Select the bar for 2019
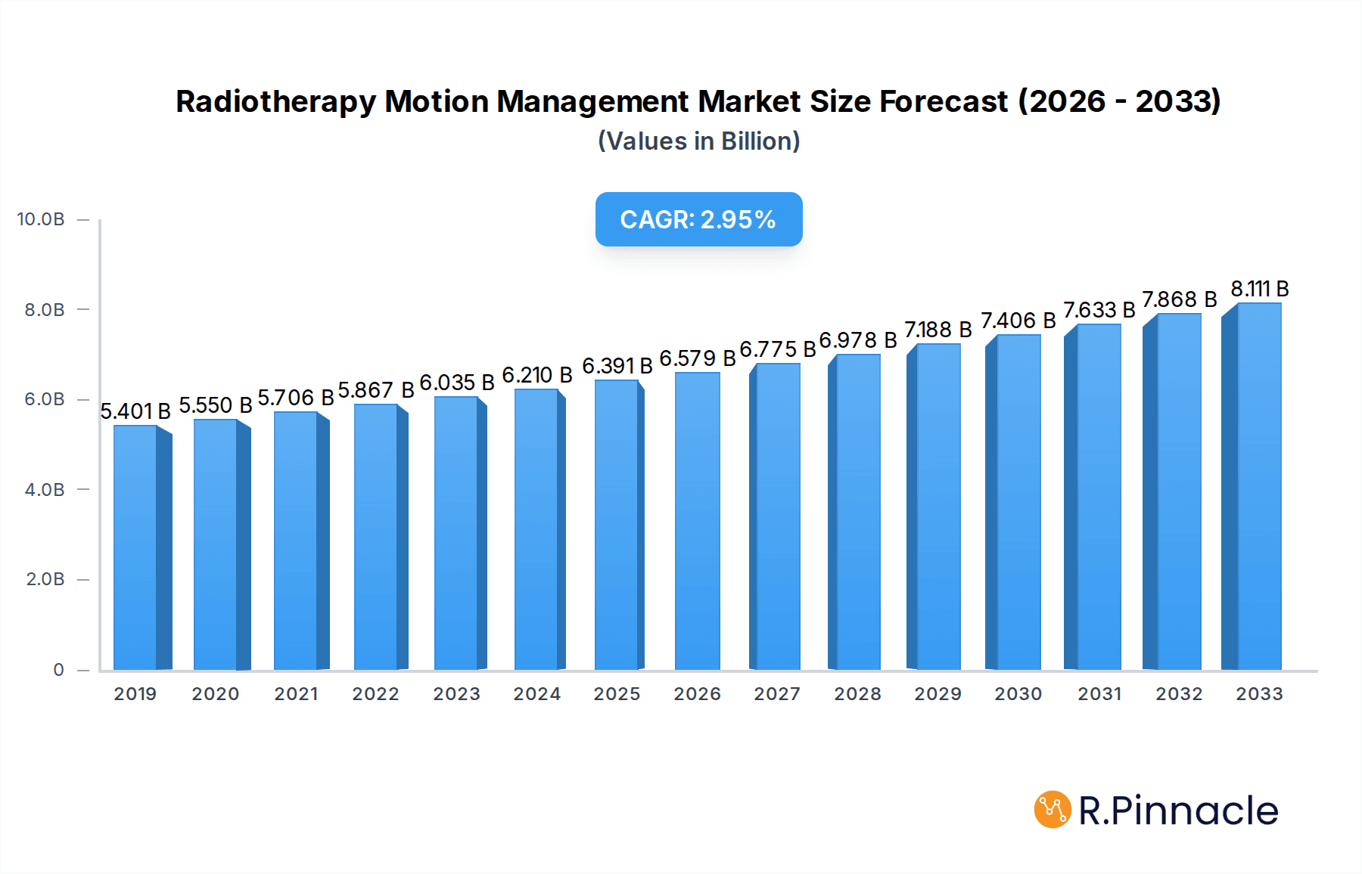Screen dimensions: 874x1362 click(136, 548)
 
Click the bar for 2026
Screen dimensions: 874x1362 click(697, 522)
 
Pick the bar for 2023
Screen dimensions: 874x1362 click(456, 534)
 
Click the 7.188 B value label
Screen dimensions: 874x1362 click(938, 330)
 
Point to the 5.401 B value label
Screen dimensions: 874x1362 click(135, 411)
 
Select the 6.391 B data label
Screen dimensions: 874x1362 click(617, 366)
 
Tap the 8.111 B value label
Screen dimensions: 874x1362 click(1259, 289)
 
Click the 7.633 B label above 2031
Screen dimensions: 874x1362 click(1099, 310)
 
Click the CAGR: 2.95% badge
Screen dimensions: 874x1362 click(698, 219)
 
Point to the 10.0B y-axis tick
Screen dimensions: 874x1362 click(41, 219)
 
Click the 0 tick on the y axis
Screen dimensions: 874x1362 click(58, 670)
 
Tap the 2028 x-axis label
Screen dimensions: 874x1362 click(857, 694)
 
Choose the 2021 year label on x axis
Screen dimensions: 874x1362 click(296, 694)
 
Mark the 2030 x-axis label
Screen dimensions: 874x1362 click(1018, 694)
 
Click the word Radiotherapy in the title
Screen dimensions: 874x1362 click(275, 102)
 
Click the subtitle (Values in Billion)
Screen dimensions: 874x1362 click(698, 141)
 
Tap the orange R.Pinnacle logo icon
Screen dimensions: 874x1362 click(1053, 810)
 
